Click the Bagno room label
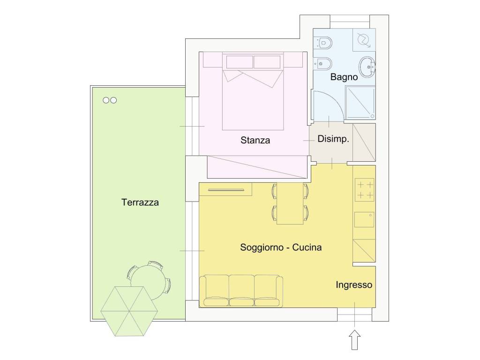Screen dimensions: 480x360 (x=344, y=77)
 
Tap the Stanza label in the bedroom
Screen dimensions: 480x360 (x=255, y=140)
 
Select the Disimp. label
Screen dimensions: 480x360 (x=333, y=139)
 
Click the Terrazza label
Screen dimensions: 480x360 (x=140, y=202)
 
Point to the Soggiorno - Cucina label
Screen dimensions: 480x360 (x=281, y=247)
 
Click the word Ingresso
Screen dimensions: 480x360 (x=354, y=285)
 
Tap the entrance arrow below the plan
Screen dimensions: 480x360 (x=354, y=339)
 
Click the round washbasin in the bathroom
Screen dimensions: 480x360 (x=367, y=67)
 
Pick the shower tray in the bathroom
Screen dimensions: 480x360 (x=360, y=103)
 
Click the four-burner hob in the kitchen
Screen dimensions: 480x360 (x=365, y=190)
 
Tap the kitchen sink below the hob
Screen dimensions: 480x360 (x=364, y=219)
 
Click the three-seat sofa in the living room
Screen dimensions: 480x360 (x=241, y=291)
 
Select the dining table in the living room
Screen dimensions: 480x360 (x=290, y=203)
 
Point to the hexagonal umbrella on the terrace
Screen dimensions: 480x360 (x=129, y=311)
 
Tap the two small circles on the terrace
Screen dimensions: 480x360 (x=110, y=100)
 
